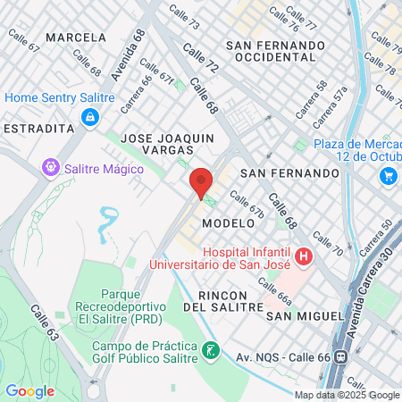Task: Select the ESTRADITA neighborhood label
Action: (x=38, y=129)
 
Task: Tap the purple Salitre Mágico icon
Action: (x=51, y=167)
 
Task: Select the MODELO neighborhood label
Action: (x=222, y=222)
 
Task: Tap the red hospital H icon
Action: (x=304, y=257)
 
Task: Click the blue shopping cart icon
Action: (x=388, y=176)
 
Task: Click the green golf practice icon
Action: (x=211, y=350)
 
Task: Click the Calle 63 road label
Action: (x=44, y=323)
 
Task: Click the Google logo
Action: (x=29, y=390)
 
